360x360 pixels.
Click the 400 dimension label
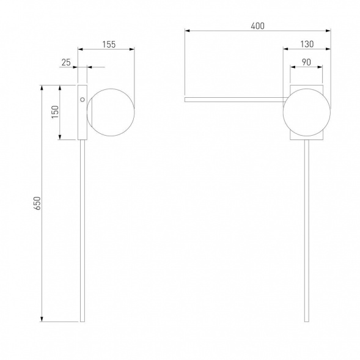pos(257,26)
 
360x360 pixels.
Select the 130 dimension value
pos(307,44)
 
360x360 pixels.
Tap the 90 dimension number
pos(306,62)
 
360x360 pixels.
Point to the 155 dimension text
pos(109,44)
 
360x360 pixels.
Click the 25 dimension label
pos(66,62)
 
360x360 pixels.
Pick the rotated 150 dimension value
pos(56,112)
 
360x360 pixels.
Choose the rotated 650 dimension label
pos(37,203)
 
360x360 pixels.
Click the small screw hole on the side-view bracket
pos(83,100)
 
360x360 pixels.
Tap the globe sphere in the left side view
pos(111,112)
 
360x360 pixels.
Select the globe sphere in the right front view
pos(307,112)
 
